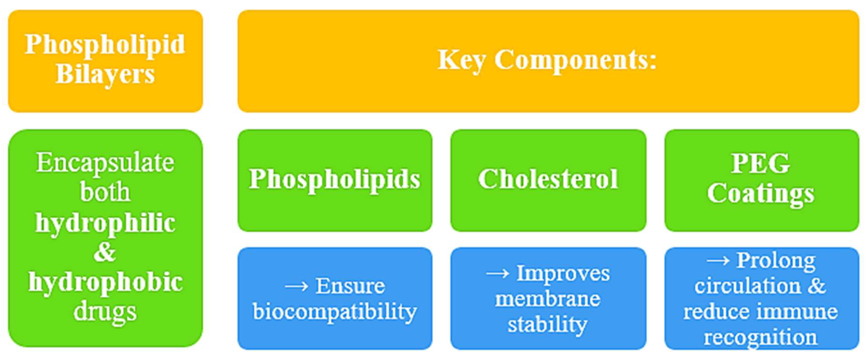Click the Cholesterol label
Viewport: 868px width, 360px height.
point(548,179)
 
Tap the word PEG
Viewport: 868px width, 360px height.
point(760,164)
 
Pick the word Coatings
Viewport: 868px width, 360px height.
point(760,194)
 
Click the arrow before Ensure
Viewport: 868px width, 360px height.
point(297,287)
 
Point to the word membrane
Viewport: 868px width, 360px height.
point(548,299)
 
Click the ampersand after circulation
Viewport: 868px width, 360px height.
point(817,286)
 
